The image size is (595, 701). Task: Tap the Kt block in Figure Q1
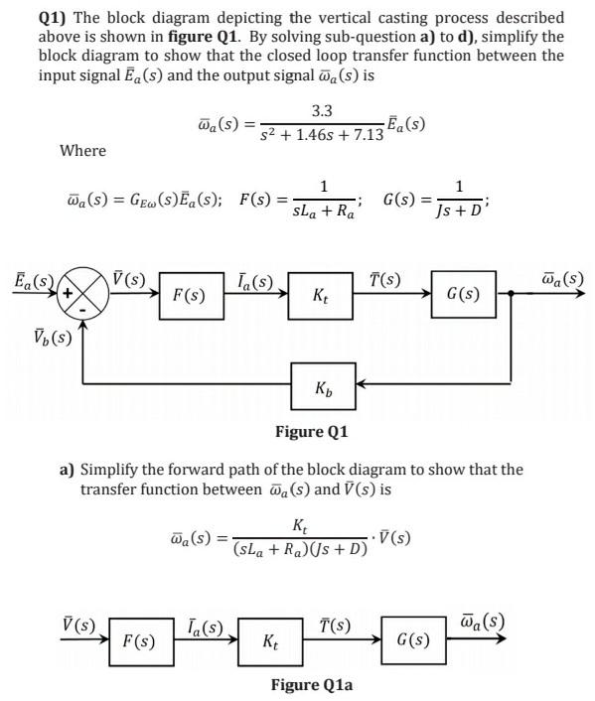(x=321, y=295)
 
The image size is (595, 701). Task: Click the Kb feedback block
(x=321, y=383)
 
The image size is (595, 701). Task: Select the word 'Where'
(x=82, y=150)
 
